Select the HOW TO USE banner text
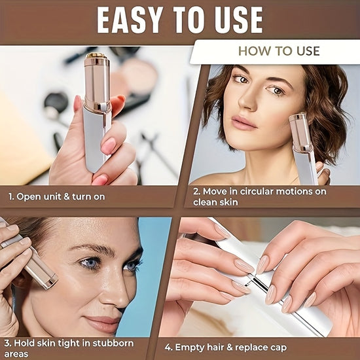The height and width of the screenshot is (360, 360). click(x=279, y=51)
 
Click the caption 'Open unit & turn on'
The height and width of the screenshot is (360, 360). click(x=62, y=196)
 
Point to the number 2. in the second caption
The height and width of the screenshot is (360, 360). click(x=197, y=192)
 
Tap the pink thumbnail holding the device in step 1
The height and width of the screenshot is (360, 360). click(x=108, y=145)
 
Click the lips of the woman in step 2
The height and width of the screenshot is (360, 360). click(x=243, y=122)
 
